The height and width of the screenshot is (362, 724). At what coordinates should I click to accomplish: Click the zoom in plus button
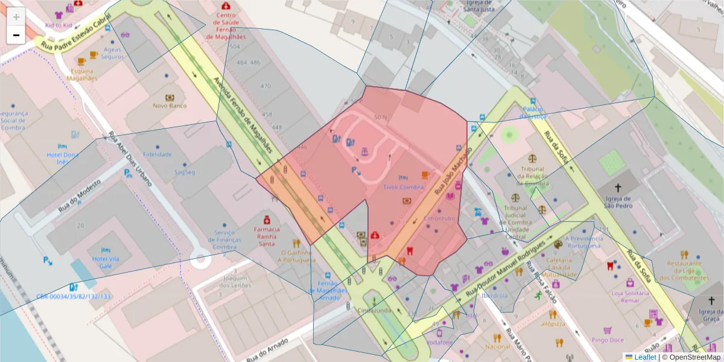click(x=16, y=17)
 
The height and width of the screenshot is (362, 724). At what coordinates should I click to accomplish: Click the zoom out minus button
click(x=16, y=35)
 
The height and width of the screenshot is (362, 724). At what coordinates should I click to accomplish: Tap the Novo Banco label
click(x=170, y=106)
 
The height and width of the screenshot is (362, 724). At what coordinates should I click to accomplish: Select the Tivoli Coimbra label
click(x=404, y=187)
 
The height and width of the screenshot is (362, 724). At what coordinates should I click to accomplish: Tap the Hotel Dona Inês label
click(x=63, y=158)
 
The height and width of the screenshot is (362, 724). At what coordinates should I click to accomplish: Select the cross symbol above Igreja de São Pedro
click(x=617, y=188)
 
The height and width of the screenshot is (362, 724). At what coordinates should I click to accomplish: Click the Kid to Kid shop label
click(x=59, y=26)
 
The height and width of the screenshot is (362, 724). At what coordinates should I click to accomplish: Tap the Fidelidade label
click(x=157, y=154)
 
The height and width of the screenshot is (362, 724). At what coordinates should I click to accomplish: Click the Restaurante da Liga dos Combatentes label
click(x=684, y=271)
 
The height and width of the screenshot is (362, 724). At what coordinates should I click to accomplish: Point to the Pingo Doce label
click(x=608, y=339)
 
